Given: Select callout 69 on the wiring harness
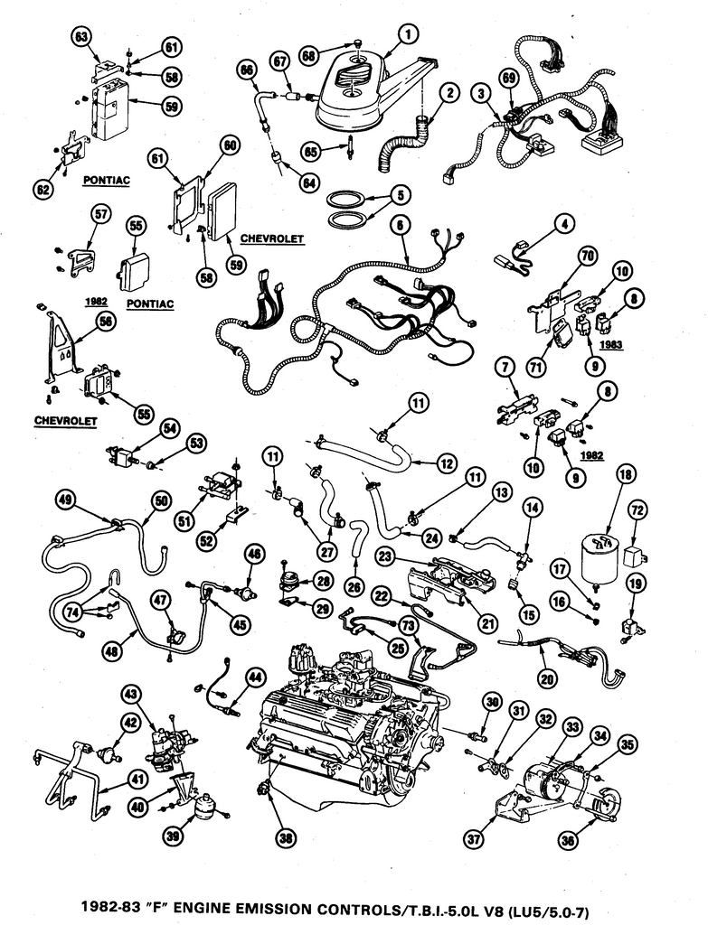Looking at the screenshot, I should tap(509, 79).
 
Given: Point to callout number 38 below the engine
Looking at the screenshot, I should tap(287, 839).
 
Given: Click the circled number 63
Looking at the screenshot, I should tap(81, 36).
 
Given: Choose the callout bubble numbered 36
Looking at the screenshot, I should tap(568, 839).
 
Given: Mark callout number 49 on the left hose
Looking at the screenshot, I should tap(64, 499).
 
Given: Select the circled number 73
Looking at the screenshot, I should tap(408, 625).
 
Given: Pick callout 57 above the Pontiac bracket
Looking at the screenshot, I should tap(100, 213).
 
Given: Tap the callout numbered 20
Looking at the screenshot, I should tap(547, 675).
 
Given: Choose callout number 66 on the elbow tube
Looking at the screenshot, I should tap(245, 69).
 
